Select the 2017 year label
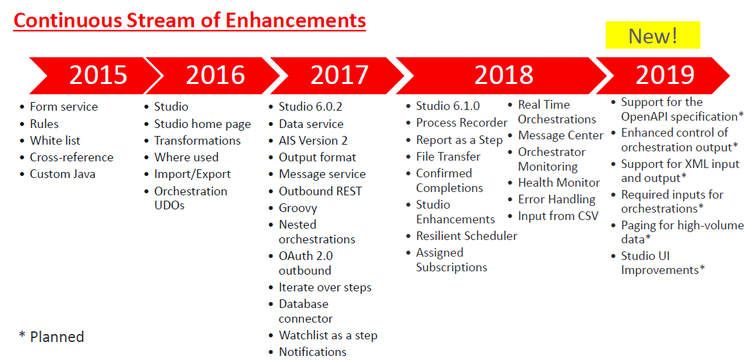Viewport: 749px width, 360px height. coord(340,75)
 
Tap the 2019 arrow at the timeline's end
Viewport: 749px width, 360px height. coord(663,75)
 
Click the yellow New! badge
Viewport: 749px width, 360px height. coord(652,35)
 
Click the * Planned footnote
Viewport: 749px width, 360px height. coord(51,337)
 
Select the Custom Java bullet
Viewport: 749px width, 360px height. coord(63,174)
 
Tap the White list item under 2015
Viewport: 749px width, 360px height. coord(55,141)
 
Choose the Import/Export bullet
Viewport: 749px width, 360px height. coord(192,175)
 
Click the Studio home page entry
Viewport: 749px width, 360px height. coord(202,124)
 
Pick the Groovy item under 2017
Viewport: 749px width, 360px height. coord(298,209)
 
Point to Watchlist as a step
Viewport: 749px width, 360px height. coord(328,335)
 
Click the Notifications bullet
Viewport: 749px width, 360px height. coord(313,352)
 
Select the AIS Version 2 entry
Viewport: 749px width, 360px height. coord(313,141)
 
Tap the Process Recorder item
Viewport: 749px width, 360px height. coord(461,123)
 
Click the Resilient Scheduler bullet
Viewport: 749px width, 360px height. coord(466,236)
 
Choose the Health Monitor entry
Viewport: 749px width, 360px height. coord(559,183)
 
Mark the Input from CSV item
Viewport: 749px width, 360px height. coord(558,216)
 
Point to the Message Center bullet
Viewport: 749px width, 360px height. coord(561,136)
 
